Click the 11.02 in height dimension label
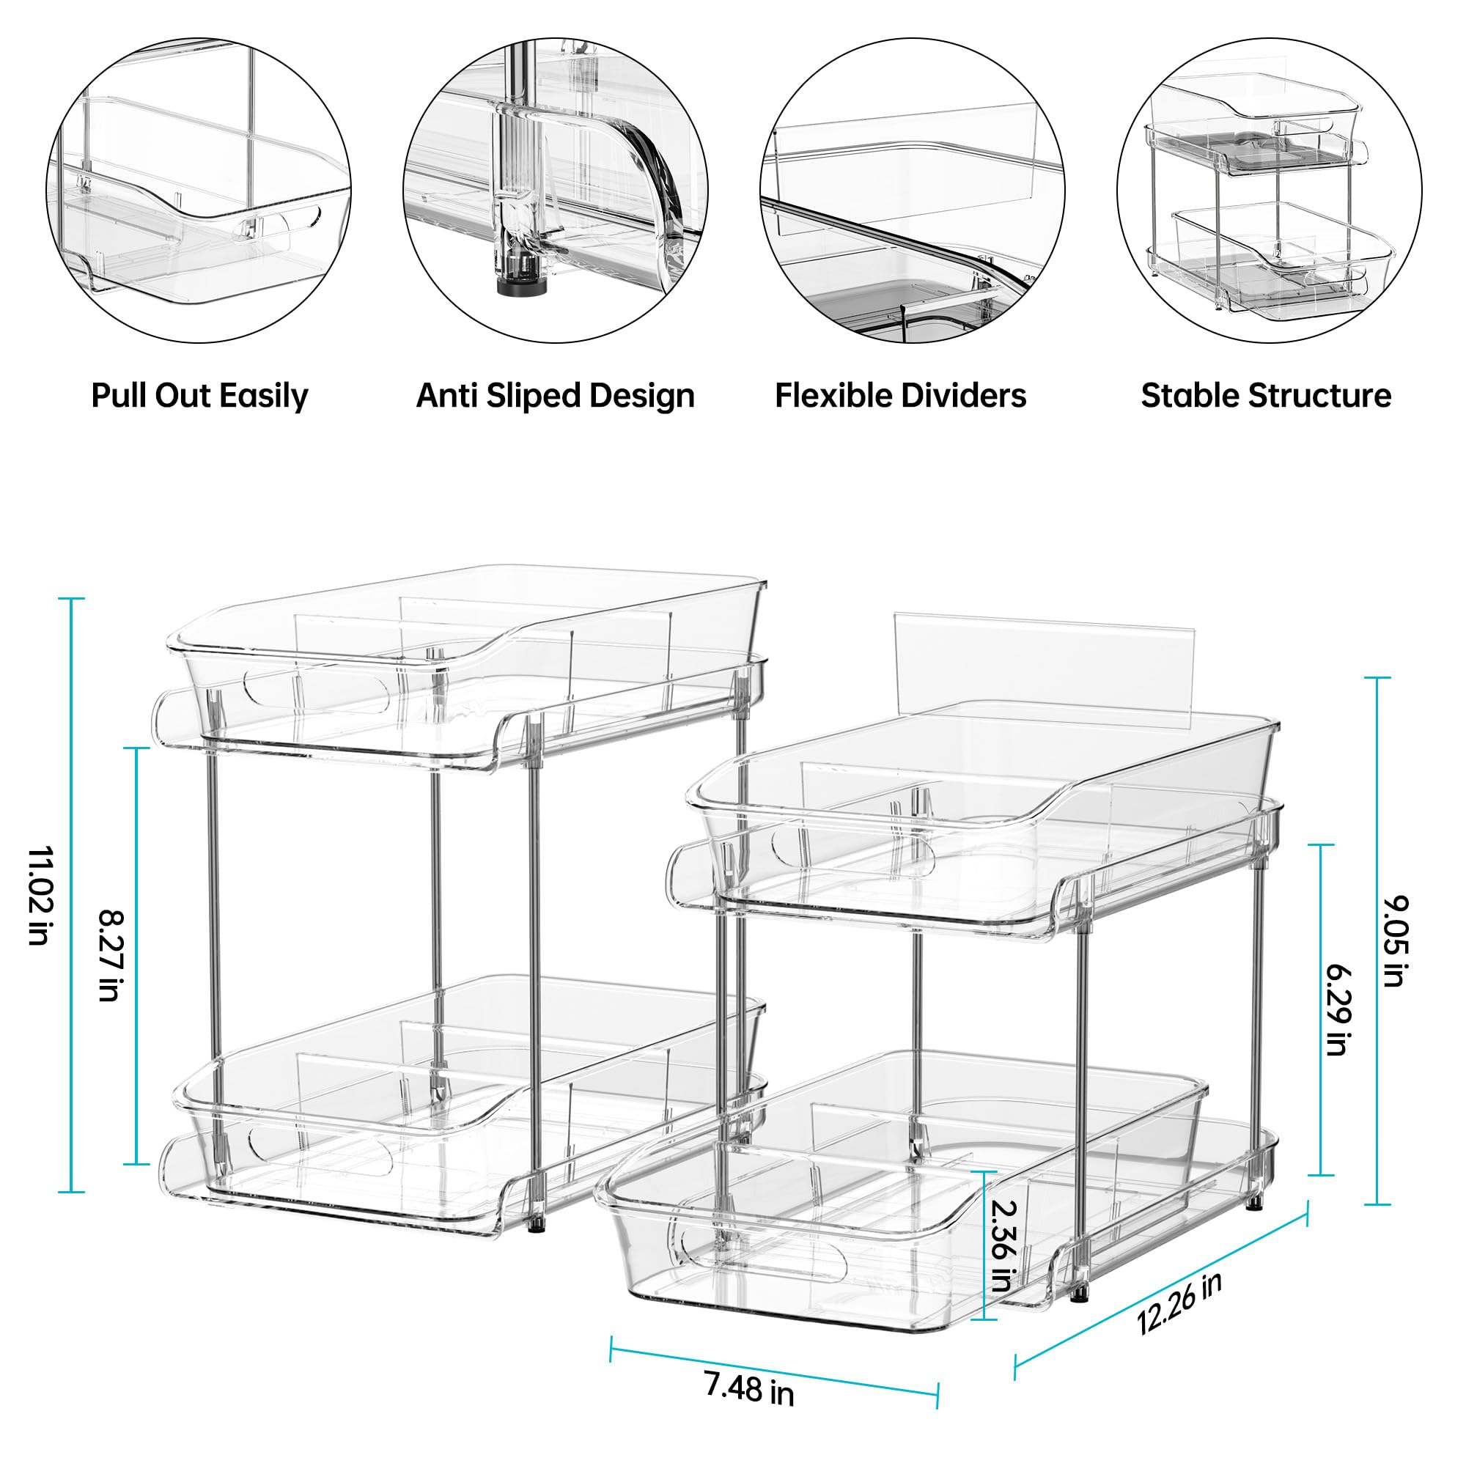(x=38, y=896)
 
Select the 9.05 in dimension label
(x=1395, y=941)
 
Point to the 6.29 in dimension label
(x=1337, y=1010)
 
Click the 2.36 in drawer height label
(x=1002, y=1245)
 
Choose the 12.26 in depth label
(x=1179, y=1302)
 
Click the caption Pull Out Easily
(x=199, y=395)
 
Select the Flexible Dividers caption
(x=900, y=395)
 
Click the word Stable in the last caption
(x=1190, y=395)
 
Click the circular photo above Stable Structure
(x=1269, y=190)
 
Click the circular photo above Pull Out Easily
(x=198, y=190)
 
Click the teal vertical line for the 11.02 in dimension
(x=72, y=896)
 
